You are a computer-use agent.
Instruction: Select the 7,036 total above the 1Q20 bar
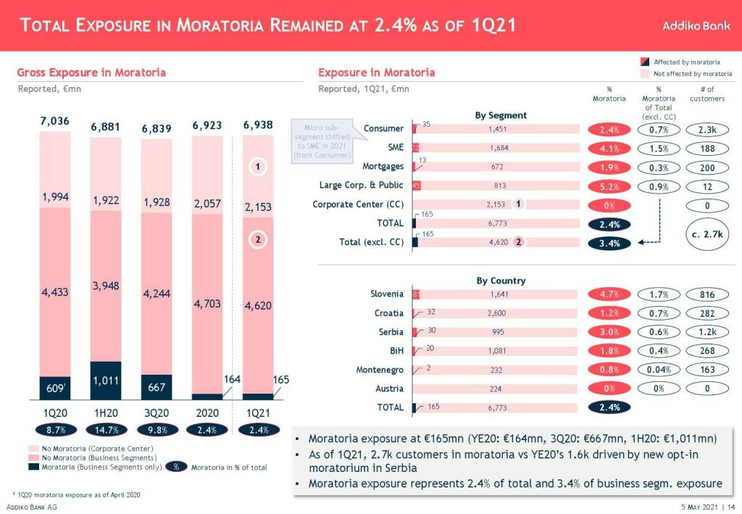click(55, 121)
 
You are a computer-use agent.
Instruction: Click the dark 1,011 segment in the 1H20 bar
click(106, 380)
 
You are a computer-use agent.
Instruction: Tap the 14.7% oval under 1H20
click(106, 430)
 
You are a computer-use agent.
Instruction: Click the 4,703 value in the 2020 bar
click(207, 304)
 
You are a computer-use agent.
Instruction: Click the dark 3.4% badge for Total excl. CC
click(609, 244)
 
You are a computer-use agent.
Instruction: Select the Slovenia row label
click(387, 294)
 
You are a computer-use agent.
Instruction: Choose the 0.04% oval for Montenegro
click(658, 370)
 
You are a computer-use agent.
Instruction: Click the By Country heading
click(501, 281)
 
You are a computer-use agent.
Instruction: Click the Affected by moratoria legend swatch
click(645, 62)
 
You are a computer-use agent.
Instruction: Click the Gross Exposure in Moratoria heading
click(91, 72)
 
